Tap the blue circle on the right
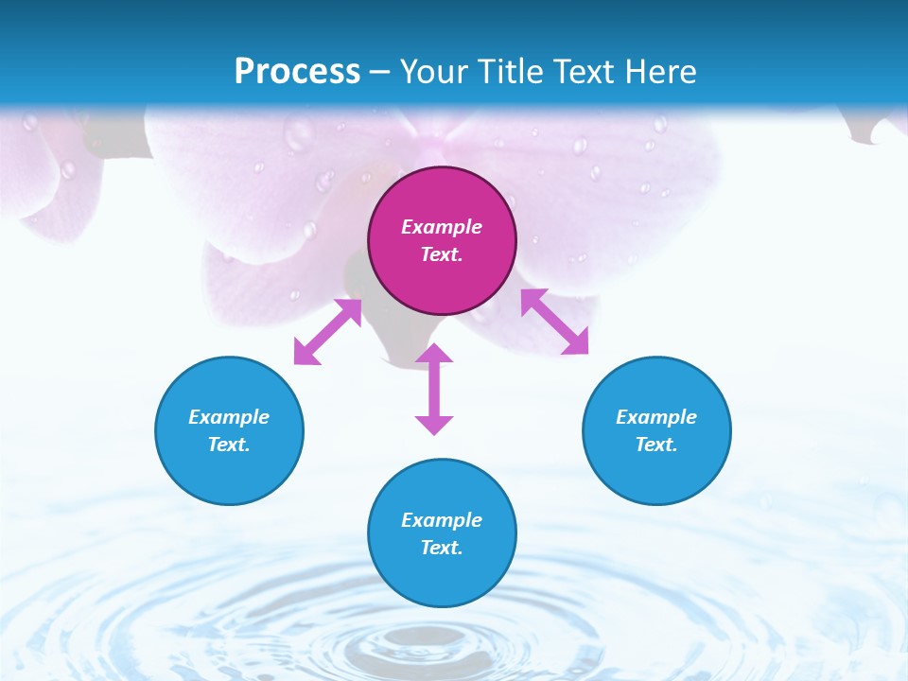(x=656, y=473)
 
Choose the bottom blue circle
(x=442, y=576)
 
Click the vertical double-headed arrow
(x=434, y=389)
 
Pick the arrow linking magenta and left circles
(x=327, y=332)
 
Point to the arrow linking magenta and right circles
(x=554, y=322)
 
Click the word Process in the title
(x=297, y=71)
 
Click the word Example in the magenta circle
(x=442, y=227)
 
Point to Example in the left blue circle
(x=229, y=417)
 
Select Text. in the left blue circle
(x=229, y=445)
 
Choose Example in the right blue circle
(x=656, y=417)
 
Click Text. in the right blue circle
(x=656, y=445)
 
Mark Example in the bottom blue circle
(x=442, y=520)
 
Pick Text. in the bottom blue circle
(x=442, y=548)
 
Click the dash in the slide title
(x=380, y=73)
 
